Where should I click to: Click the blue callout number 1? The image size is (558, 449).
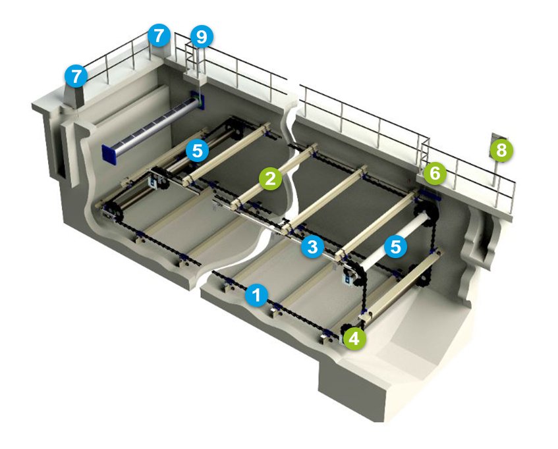(256, 295)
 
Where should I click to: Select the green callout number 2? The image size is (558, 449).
(271, 178)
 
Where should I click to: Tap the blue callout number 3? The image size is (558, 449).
(312, 246)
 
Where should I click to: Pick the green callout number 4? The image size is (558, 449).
(354, 338)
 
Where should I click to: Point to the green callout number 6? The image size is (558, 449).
(435, 174)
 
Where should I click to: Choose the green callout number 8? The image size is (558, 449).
(501, 150)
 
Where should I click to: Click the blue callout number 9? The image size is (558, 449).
(202, 37)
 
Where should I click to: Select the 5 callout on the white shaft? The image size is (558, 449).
(395, 246)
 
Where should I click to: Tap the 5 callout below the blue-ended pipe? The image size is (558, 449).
(197, 150)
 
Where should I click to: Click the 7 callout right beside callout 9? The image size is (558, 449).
(159, 35)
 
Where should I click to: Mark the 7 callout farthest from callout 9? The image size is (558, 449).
(76, 76)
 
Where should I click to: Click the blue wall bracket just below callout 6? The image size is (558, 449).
(430, 194)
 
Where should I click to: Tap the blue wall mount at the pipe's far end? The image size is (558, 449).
(197, 99)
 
